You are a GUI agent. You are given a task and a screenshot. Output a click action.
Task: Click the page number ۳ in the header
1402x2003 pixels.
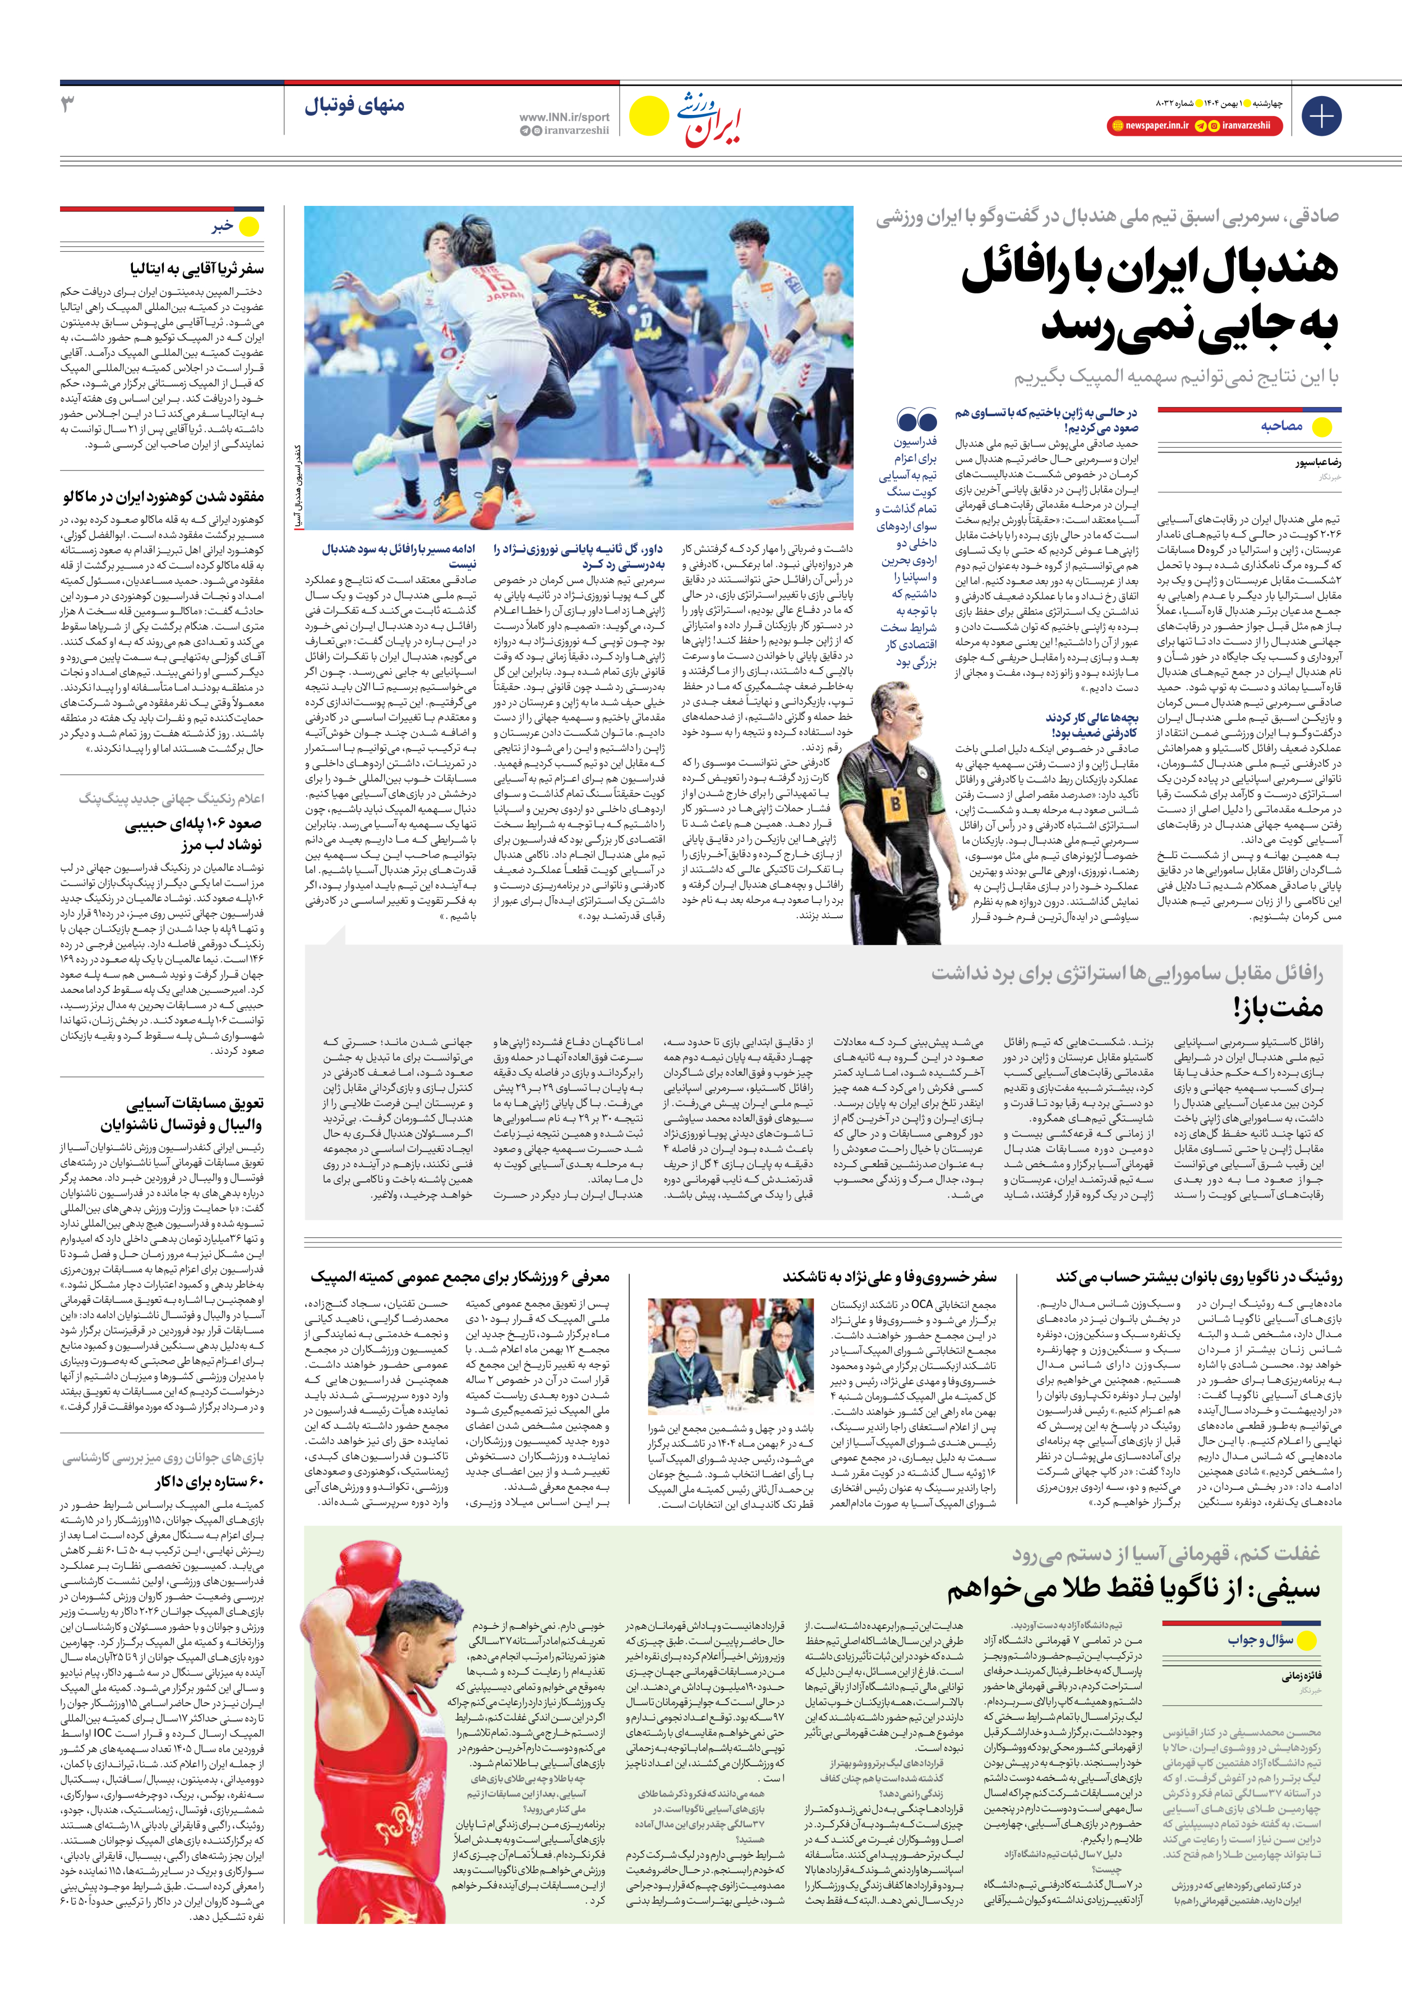(x=68, y=105)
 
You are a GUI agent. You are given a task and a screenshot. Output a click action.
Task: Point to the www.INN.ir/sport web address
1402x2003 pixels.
(x=565, y=116)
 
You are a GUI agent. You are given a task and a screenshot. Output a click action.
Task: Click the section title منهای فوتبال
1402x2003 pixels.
(x=354, y=105)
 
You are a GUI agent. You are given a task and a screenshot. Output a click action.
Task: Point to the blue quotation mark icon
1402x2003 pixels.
(x=917, y=421)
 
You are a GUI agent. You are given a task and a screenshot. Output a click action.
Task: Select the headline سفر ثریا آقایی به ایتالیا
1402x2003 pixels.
(x=197, y=268)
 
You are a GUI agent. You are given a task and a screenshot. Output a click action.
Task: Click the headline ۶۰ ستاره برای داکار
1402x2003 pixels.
(x=209, y=1481)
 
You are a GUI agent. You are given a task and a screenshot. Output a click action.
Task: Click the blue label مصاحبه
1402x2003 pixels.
(x=1281, y=426)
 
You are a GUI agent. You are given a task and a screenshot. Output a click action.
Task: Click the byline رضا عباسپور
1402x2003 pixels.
(x=1318, y=462)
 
